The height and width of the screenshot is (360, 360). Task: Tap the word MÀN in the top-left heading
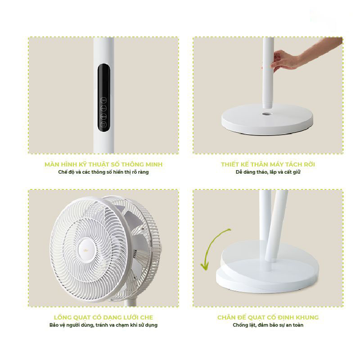(53, 164)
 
